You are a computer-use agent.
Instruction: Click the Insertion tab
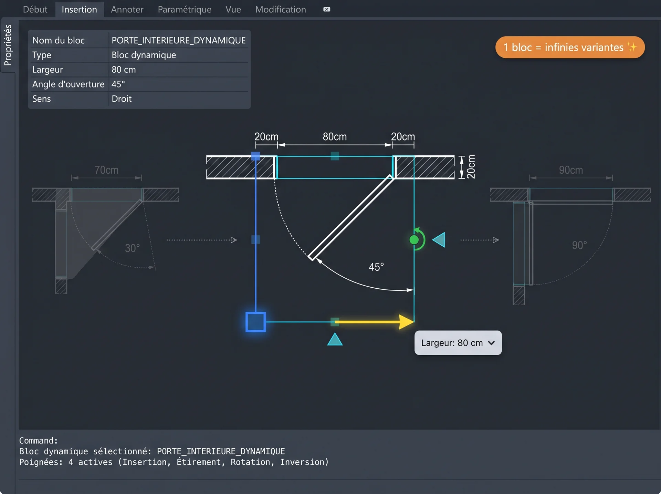coord(79,10)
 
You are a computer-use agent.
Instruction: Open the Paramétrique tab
coord(185,10)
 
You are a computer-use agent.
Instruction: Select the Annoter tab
coord(127,10)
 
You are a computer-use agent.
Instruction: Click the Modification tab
coord(281,10)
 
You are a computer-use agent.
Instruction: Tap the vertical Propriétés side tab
coord(8,45)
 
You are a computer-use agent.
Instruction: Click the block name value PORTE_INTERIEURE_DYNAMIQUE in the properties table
coord(179,40)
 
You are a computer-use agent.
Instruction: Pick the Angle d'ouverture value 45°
coord(118,84)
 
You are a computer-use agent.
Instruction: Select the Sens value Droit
coord(122,99)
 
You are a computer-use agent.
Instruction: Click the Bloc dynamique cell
coord(144,55)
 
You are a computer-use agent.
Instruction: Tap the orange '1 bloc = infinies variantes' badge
coord(570,47)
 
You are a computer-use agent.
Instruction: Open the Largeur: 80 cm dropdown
coord(458,343)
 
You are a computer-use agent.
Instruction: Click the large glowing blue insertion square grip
coord(255,322)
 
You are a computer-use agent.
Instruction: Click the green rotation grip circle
coord(414,240)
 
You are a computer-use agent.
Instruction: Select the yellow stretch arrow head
coord(406,322)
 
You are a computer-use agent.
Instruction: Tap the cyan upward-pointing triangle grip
coord(335,339)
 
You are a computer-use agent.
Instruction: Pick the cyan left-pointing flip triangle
coord(439,240)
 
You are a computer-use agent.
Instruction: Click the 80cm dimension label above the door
coord(335,137)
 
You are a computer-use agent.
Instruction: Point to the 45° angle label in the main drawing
coord(376,267)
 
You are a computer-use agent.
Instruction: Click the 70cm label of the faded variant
coord(106,170)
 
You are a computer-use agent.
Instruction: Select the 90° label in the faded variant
coord(579,245)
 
